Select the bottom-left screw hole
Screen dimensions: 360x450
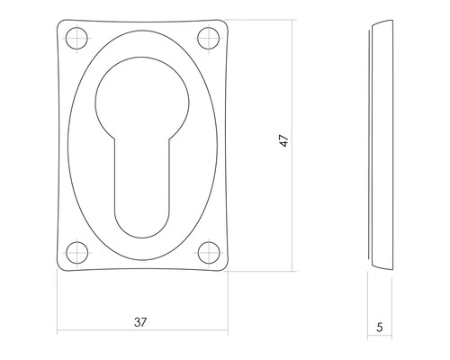(x=75, y=253)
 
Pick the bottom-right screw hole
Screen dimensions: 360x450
(x=209, y=253)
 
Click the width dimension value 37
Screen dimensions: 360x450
(x=139, y=321)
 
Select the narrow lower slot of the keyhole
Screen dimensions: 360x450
(x=142, y=180)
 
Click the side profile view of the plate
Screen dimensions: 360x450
(x=381, y=144)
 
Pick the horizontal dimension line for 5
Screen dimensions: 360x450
(x=381, y=339)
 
